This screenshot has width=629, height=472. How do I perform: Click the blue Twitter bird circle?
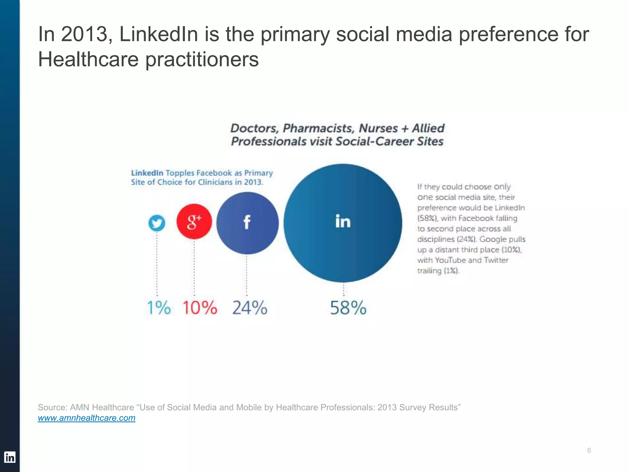(157, 223)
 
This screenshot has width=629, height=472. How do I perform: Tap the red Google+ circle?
(194, 221)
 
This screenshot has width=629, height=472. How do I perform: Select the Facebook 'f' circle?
(247, 223)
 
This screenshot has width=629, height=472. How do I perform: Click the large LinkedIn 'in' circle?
(343, 223)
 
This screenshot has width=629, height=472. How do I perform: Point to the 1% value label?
(158, 308)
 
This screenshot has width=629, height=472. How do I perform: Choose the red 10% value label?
(200, 308)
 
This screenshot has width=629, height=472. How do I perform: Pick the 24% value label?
(250, 308)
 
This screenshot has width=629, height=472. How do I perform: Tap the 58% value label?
(348, 308)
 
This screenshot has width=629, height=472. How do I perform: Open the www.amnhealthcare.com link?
(87, 418)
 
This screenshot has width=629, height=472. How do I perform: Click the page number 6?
(589, 450)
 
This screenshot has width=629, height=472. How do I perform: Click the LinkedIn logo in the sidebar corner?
(10, 457)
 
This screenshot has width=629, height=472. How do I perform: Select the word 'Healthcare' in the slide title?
(88, 59)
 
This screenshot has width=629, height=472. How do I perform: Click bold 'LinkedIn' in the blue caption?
(147, 173)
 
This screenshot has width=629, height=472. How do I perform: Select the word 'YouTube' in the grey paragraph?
(451, 260)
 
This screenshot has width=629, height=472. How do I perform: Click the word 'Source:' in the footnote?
(53, 407)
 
